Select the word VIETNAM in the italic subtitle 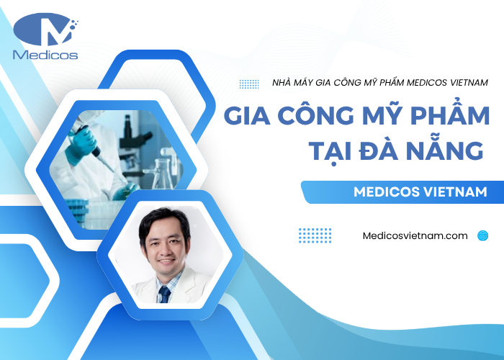point(464,83)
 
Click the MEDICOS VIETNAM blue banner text point(420,192)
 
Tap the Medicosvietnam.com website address point(416,235)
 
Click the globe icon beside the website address point(482,235)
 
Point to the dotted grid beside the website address point(315,235)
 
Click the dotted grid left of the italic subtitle point(249,84)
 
